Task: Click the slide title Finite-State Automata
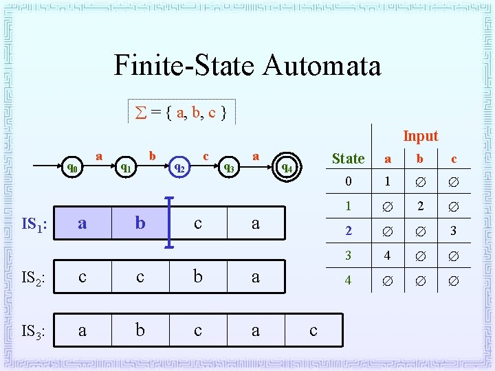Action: (x=247, y=66)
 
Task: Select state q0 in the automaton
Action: (x=72, y=167)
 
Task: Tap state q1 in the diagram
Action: (x=126, y=167)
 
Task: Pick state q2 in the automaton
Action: (x=179, y=167)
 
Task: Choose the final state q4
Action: (x=287, y=167)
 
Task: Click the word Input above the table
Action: (x=420, y=136)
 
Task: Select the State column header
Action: (x=348, y=159)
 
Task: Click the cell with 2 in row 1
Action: (x=420, y=207)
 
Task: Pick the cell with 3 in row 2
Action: (x=453, y=232)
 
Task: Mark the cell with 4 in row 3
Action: (x=387, y=256)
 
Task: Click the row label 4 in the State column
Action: (x=348, y=280)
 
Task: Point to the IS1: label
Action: (x=34, y=224)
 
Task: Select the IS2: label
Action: (x=34, y=278)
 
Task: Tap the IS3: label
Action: (x=34, y=332)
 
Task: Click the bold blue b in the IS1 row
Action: (x=140, y=223)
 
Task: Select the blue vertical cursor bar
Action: (x=170, y=222)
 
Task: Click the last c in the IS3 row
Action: (x=313, y=330)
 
